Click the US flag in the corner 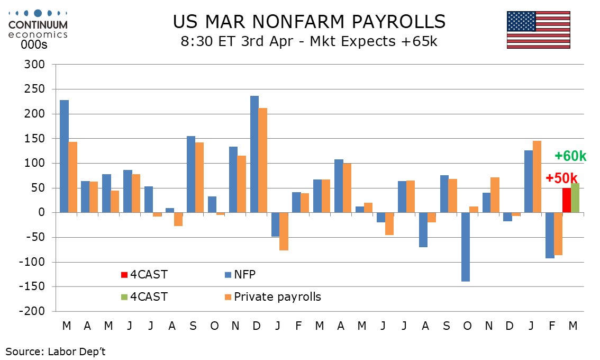pos(538,30)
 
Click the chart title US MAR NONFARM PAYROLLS pos(309,22)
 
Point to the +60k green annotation pos(570,156)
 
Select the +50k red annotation pos(561,178)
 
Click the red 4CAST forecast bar pos(566,200)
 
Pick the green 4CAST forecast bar pos(575,197)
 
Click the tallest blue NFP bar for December pos(254,154)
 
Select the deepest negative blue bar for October pos(466,247)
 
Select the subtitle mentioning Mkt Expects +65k pos(309,41)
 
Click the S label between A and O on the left pos(193,326)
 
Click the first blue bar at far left pos(64,156)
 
